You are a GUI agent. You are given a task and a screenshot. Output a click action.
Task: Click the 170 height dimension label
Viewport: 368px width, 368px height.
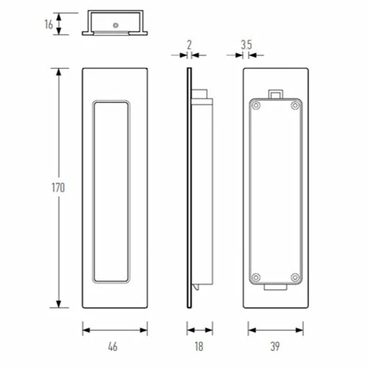pyautogui.click(x=58, y=188)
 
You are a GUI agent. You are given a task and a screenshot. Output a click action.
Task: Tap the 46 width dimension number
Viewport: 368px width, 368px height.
pyautogui.click(x=113, y=347)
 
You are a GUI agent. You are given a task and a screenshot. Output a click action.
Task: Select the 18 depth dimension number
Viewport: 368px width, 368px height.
pyautogui.click(x=199, y=347)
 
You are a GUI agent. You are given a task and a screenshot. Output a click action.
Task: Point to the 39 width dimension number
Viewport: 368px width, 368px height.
pyautogui.click(x=275, y=347)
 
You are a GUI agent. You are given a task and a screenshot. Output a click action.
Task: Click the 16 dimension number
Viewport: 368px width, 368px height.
pyautogui.click(x=49, y=24)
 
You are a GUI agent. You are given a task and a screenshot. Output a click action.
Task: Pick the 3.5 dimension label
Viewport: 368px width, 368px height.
pyautogui.click(x=247, y=45)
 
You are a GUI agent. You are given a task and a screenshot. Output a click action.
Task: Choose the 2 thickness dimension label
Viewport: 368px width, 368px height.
pyautogui.click(x=189, y=45)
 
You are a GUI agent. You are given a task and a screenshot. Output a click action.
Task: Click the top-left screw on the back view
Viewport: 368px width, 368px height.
pyautogui.click(x=256, y=106)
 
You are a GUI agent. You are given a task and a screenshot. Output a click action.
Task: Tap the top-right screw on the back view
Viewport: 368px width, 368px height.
pyautogui.click(x=295, y=106)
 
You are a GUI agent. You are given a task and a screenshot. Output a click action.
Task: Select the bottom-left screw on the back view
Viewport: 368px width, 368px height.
pyautogui.click(x=256, y=277)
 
